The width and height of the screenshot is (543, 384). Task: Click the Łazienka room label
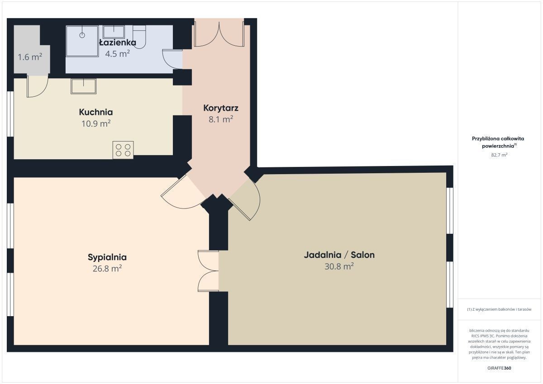click(118, 43)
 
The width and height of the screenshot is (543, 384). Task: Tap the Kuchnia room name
click(96, 112)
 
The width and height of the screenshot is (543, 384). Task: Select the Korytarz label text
click(221, 108)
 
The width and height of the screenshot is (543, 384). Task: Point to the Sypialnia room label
click(107, 257)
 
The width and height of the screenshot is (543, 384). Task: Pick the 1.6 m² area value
click(30, 57)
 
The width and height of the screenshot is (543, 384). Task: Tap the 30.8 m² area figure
click(339, 266)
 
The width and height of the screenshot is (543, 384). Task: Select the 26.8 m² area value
click(107, 269)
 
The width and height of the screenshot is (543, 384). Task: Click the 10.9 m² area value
click(96, 123)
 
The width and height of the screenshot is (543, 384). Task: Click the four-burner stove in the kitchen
click(123, 150)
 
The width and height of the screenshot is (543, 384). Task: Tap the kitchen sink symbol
click(84, 86)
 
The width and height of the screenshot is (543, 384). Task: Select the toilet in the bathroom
click(139, 37)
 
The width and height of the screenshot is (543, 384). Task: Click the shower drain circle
click(82, 35)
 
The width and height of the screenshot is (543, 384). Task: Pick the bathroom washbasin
click(114, 32)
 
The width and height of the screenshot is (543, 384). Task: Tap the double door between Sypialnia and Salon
click(208, 271)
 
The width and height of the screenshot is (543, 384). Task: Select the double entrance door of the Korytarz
click(219, 34)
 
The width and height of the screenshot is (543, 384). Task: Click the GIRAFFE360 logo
click(500, 368)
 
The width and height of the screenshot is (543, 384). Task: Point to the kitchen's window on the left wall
click(10, 114)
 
